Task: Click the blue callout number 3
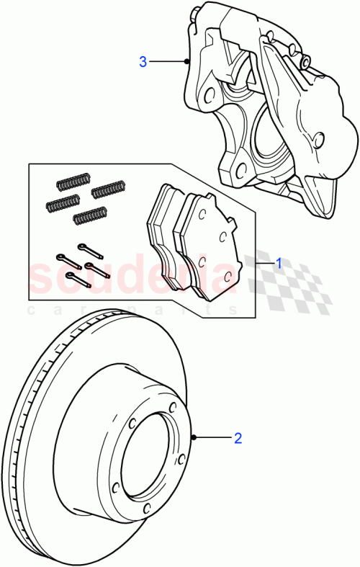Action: (x=143, y=62)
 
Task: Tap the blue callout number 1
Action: (x=278, y=264)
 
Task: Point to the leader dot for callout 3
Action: (x=186, y=62)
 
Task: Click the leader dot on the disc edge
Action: (x=195, y=437)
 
